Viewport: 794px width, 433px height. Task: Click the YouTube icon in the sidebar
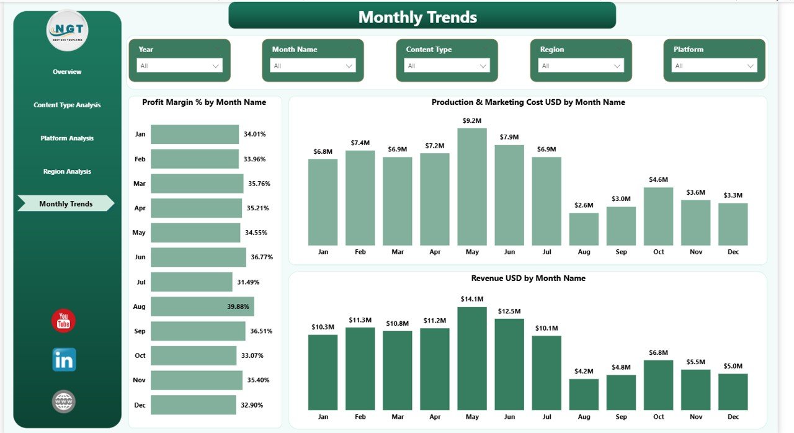(63, 321)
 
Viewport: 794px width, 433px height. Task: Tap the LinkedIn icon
(64, 360)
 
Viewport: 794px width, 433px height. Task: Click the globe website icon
(64, 401)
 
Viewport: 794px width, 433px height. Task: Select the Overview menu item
(67, 72)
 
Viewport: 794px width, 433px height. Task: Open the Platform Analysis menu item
(67, 138)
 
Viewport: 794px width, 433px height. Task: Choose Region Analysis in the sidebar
(67, 171)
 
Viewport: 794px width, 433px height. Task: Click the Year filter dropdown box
(179, 66)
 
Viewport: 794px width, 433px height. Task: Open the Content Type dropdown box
(447, 66)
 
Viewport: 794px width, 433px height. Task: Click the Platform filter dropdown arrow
(751, 66)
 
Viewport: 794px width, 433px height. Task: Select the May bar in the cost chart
(472, 187)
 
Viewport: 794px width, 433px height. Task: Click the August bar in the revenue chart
(584, 395)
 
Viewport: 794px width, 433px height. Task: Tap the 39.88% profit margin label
(239, 306)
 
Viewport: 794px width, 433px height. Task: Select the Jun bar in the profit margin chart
(198, 257)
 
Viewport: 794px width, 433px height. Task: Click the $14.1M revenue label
(472, 299)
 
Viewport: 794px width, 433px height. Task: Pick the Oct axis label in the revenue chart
(658, 416)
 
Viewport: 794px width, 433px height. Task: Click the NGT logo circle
(67, 30)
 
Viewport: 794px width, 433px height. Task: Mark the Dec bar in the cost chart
(733, 224)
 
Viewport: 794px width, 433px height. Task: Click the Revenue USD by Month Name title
(528, 279)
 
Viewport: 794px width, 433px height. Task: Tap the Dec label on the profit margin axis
(140, 405)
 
